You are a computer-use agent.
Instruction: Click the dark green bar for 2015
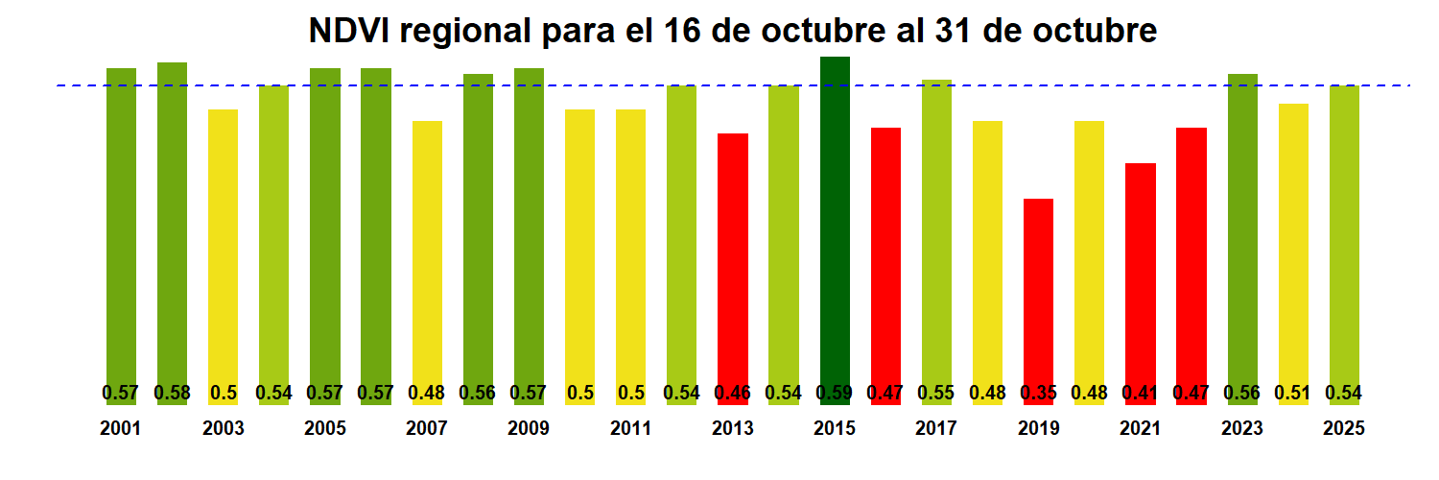point(835,221)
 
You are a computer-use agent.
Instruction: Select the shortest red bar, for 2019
point(1038,288)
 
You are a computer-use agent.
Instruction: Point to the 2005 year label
point(325,429)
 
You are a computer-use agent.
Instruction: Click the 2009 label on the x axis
point(529,429)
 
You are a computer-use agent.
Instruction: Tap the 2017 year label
point(936,429)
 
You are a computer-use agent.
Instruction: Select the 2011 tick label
point(630,429)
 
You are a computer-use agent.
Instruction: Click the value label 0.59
point(835,393)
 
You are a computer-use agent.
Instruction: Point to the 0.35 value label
point(1038,393)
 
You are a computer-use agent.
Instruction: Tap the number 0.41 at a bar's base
point(1140,393)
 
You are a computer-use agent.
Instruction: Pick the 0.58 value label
point(172,393)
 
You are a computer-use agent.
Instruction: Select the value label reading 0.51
point(1293,393)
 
